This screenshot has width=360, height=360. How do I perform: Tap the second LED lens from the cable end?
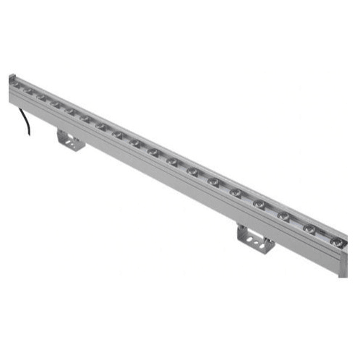pos(29,91)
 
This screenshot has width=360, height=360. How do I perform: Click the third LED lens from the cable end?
pos(42,96)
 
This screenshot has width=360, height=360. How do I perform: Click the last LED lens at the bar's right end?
pos(337,240)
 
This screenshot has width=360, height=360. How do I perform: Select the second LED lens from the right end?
pos(309,228)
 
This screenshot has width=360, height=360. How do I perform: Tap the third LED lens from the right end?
pos(283,215)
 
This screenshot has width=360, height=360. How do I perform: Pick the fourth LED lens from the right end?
pos(259,203)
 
